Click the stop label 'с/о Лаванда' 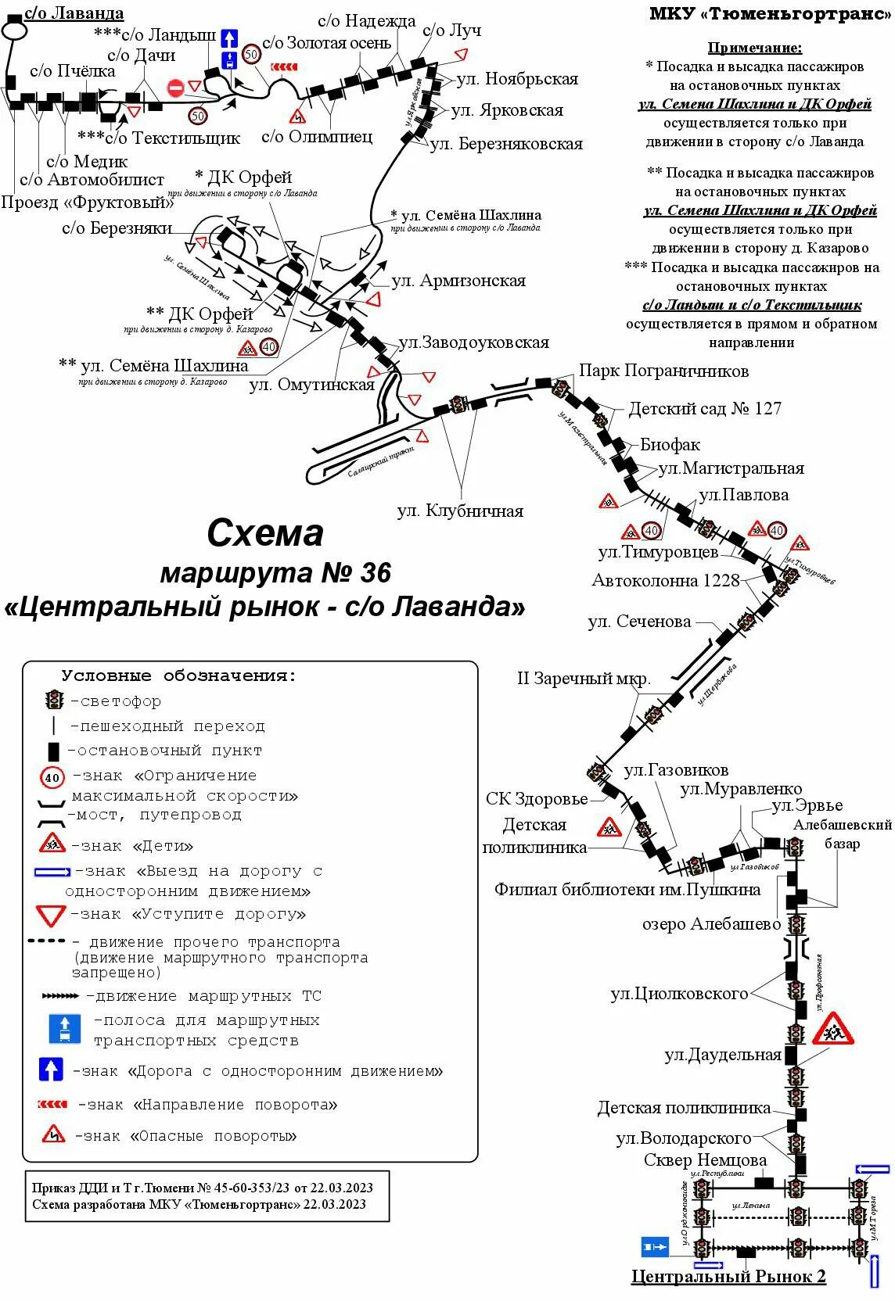74,13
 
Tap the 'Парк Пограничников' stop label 663,371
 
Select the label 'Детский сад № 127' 704,408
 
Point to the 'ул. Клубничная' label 460,511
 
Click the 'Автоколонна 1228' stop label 666,580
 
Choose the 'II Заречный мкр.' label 584,678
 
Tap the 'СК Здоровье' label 537,798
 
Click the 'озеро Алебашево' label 711,923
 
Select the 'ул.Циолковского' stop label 679,993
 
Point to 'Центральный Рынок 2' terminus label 728,1276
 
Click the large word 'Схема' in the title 265,533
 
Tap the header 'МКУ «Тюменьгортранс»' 771,14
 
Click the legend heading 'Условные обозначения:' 179,676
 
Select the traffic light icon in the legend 54,699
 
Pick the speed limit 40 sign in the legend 52,777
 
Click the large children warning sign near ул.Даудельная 832,1029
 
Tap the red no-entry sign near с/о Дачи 175,87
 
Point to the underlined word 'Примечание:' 754,48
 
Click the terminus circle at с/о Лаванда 13,30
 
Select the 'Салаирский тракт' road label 380,461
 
